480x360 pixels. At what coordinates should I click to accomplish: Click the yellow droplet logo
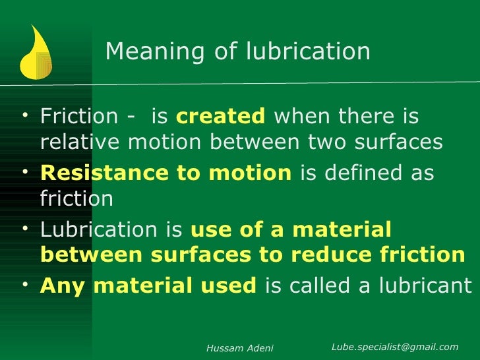point(36,51)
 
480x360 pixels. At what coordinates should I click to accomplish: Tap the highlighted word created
point(220,117)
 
